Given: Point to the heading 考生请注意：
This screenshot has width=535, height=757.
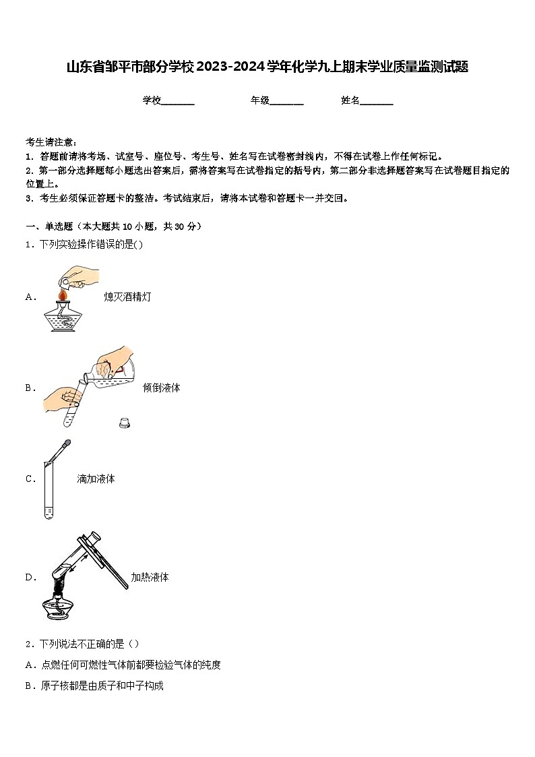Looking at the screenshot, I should click(x=51, y=142).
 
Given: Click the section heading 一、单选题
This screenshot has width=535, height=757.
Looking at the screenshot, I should click(x=51, y=226).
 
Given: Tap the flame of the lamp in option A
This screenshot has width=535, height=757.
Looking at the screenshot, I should click(x=61, y=295).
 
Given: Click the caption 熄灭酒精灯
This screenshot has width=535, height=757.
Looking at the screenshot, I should click(x=127, y=297).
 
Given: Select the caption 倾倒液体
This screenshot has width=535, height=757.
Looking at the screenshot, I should click(x=162, y=388).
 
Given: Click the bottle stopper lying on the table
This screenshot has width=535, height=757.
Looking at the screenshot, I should click(x=124, y=423).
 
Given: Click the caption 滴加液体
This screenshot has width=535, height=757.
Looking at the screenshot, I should click(x=96, y=479).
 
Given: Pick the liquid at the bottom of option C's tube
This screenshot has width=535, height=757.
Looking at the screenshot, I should click(x=49, y=514).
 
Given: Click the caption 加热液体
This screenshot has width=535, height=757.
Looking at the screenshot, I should click(x=150, y=577).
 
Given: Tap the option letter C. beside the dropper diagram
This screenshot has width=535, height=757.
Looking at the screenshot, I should click(x=30, y=479).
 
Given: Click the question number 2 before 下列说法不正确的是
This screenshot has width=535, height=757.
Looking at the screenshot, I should click(x=28, y=644).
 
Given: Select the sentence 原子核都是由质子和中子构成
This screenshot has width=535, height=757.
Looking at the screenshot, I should click(x=102, y=686).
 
